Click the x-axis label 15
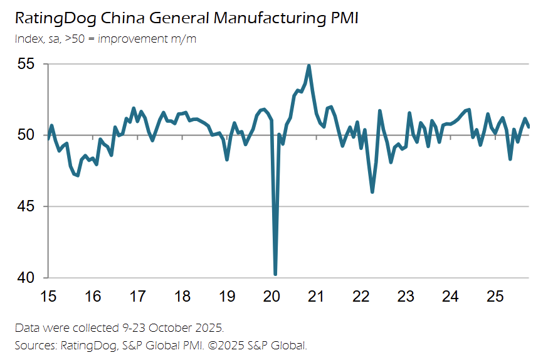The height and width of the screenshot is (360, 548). [x=48, y=295]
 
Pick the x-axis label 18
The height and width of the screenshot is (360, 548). [x=182, y=295]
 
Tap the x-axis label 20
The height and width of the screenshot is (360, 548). [x=271, y=295]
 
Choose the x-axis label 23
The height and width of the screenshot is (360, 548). [x=406, y=295]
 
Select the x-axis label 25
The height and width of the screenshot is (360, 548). [x=495, y=295]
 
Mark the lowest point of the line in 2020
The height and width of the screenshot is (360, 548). [x=275, y=274]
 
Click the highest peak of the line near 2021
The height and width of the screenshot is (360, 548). [x=308, y=66]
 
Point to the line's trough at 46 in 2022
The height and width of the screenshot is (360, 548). [x=372, y=192]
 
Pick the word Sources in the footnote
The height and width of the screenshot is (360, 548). [x=34, y=345]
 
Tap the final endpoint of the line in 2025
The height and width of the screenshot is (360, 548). [x=529, y=127]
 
